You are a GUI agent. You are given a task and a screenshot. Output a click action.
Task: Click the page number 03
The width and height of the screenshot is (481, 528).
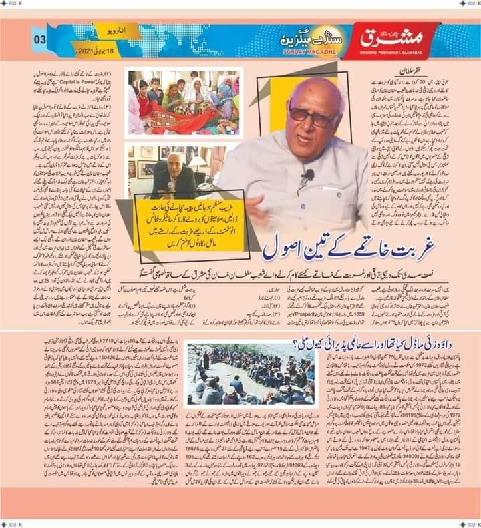(x=40, y=39)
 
